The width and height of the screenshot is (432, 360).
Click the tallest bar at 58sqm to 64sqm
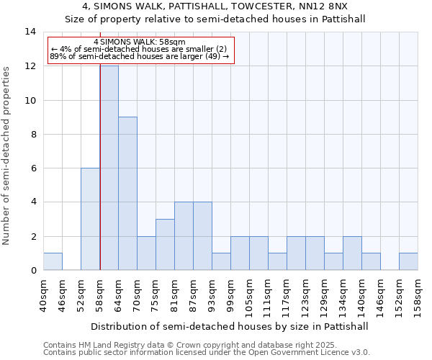(x=109, y=168)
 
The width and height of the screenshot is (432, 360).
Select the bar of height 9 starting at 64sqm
(x=127, y=194)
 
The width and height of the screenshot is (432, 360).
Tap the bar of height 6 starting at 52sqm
(x=90, y=219)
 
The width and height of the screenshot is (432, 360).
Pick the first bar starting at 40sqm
(x=53, y=261)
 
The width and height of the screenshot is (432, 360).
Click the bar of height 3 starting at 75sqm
(x=165, y=245)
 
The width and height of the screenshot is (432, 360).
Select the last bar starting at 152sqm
(x=408, y=261)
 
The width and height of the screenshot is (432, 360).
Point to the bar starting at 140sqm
(x=371, y=261)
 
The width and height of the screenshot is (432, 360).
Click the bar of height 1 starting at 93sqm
(x=221, y=261)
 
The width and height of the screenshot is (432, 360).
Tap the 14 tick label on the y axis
(x=30, y=32)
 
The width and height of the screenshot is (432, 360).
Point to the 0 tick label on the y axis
(x=33, y=270)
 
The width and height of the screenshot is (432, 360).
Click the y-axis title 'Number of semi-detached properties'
(x=7, y=155)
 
